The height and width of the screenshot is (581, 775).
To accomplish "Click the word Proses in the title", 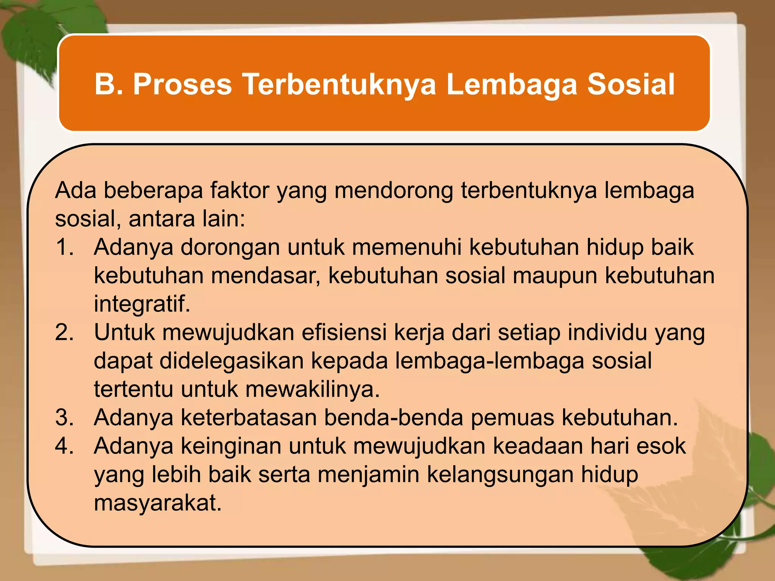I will (182, 84).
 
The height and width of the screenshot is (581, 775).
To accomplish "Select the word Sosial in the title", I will (631, 84).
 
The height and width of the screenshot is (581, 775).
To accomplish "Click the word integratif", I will (142, 304).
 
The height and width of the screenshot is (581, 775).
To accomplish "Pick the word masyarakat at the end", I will (157, 503).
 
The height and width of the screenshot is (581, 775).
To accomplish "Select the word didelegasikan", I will (232, 361).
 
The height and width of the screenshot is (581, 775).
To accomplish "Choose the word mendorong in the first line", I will (394, 190).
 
